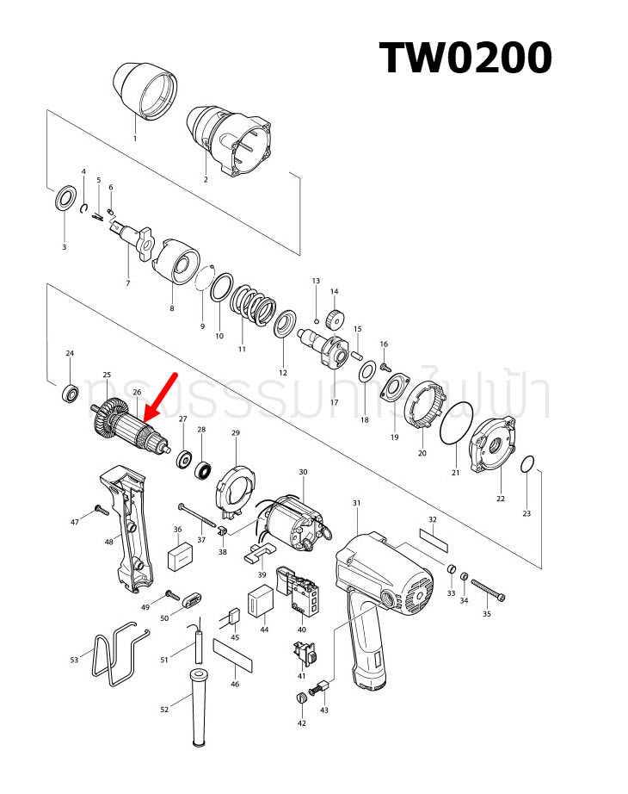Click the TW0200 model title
(x=465, y=58)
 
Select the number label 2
(x=206, y=180)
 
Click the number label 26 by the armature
(x=137, y=393)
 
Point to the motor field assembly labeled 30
(x=292, y=522)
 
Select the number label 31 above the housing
(x=356, y=503)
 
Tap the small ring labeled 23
(x=530, y=465)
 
